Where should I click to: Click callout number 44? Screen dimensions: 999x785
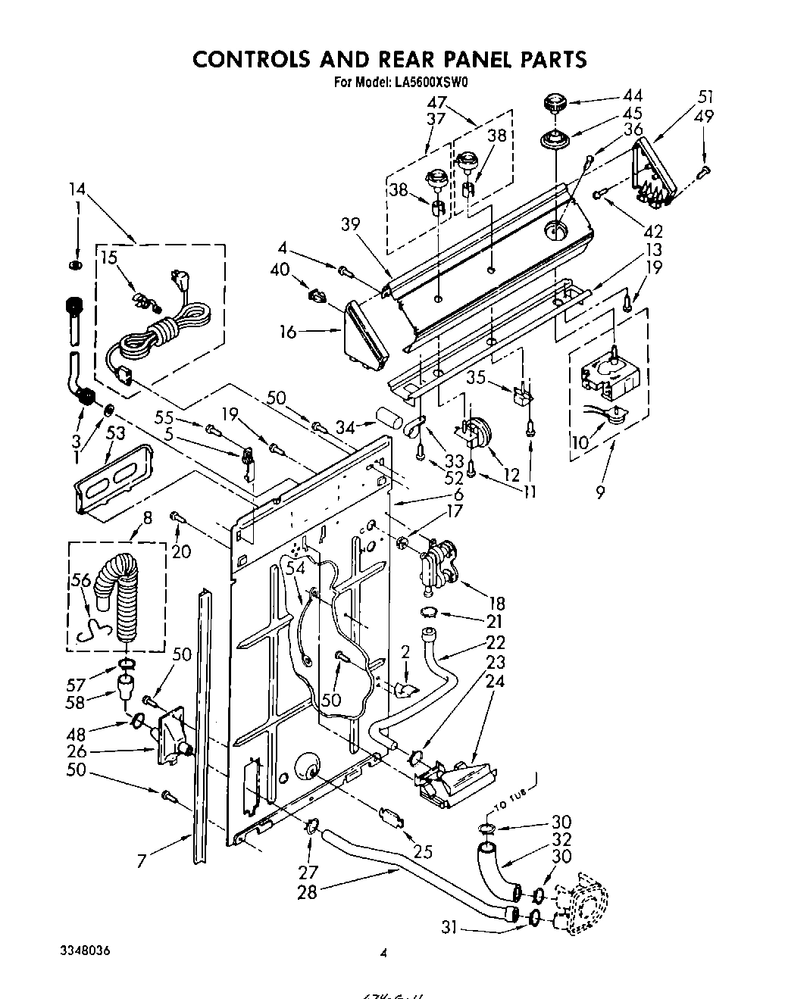pyautogui.click(x=632, y=95)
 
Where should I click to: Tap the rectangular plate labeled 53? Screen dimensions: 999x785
pyautogui.click(x=114, y=485)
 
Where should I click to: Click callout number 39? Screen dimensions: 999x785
pyautogui.click(x=350, y=223)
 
